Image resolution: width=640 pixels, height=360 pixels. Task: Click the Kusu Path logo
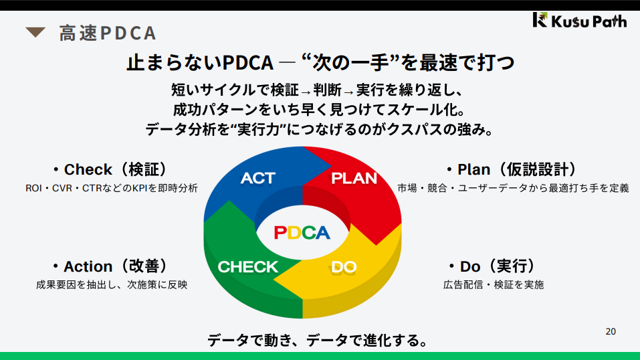[x=579, y=20]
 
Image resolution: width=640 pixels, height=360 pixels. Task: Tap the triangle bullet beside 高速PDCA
[x=35, y=31]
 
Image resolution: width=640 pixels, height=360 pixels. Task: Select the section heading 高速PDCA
[x=107, y=33]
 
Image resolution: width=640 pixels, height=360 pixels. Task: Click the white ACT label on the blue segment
[x=257, y=178]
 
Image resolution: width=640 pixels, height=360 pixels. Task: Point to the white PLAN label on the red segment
[x=354, y=178]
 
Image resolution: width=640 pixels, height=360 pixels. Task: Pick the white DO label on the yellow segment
[x=344, y=267]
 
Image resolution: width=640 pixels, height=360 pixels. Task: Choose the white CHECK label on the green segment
[x=247, y=267]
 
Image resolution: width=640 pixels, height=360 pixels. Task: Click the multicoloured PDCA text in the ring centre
[x=302, y=232]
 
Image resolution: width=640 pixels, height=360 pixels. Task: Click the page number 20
[x=611, y=331]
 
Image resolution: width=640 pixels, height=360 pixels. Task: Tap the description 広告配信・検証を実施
[x=494, y=284]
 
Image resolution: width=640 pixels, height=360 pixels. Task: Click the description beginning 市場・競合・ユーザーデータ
[x=513, y=188]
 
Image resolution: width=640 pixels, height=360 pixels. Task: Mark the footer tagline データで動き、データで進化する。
[x=318, y=340]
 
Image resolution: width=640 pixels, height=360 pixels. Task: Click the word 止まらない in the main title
[x=174, y=62]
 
